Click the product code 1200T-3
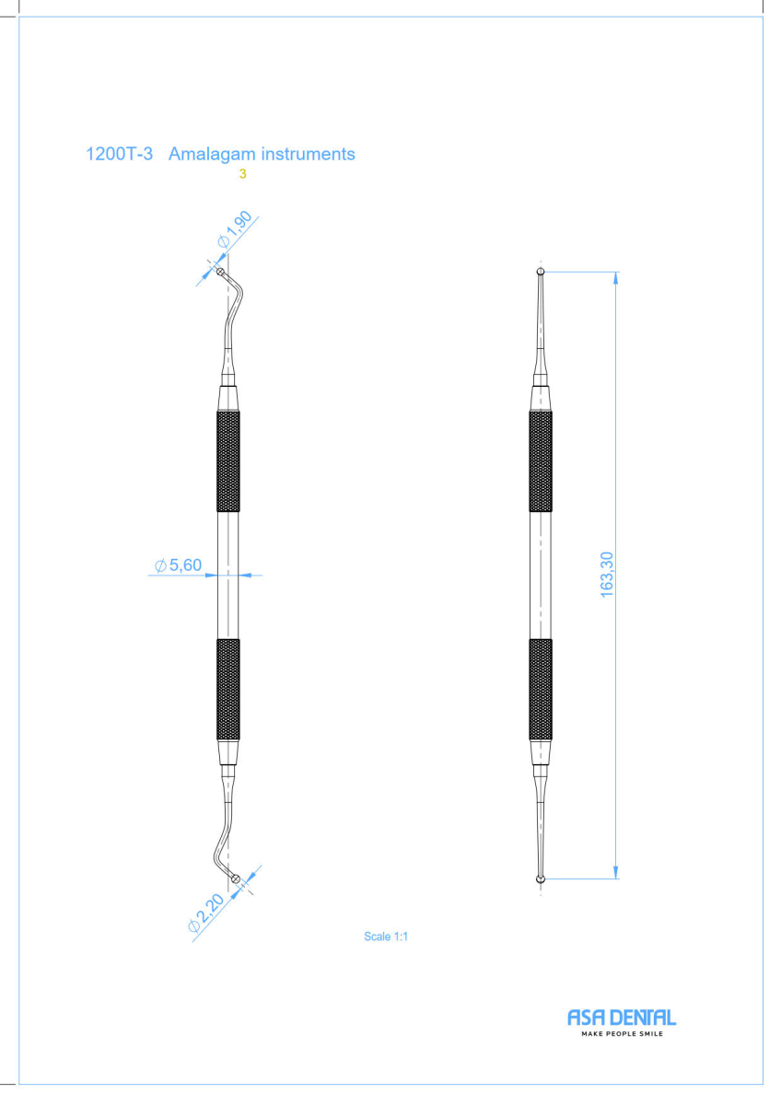[120, 154]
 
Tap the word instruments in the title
[308, 154]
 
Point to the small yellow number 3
[242, 174]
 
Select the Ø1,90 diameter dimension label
[235, 229]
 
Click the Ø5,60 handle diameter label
[178, 564]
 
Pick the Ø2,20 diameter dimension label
[206, 913]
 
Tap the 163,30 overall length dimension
[606, 575]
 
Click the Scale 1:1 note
[386, 936]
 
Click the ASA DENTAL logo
[622, 1018]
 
